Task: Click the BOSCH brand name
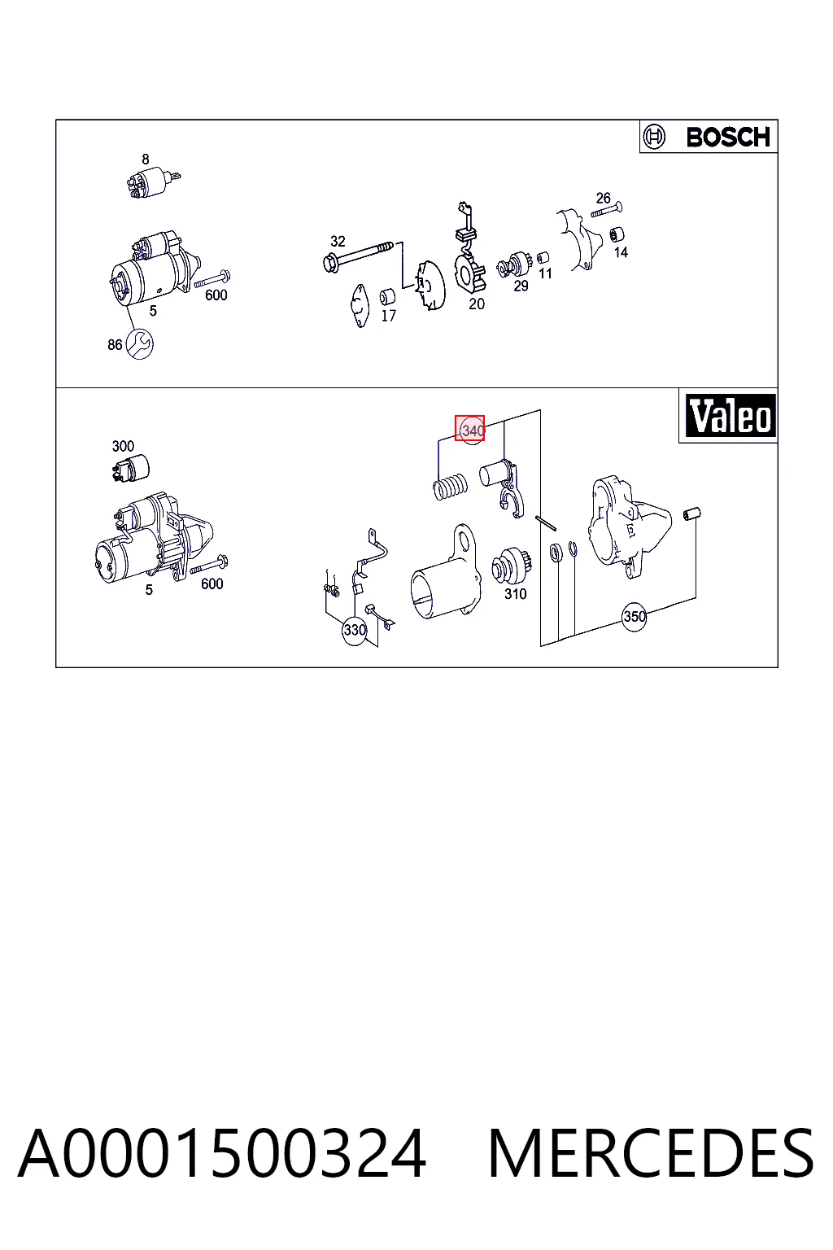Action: pos(727,138)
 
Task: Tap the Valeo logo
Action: pos(730,416)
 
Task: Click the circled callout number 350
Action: pos(634,617)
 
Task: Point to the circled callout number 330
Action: pos(355,631)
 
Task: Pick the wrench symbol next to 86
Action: pos(139,343)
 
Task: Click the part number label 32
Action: pos(338,241)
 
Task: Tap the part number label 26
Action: pos(603,198)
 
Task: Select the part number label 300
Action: pos(123,447)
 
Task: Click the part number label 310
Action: pos(515,594)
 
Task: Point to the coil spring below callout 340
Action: pos(450,486)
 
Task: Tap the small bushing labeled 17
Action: pos(387,297)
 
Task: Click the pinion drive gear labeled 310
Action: pos(511,566)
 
